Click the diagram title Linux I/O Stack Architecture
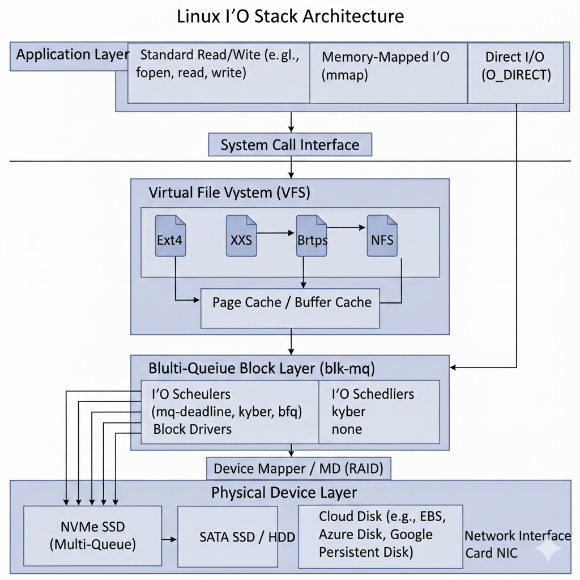[x=290, y=16]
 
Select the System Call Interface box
[x=290, y=145]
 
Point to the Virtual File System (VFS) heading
[x=229, y=193]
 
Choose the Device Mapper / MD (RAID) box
[x=298, y=469]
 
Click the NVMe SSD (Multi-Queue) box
[x=92, y=536]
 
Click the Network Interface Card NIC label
[x=517, y=544]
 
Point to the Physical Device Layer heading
[x=284, y=492]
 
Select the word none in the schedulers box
[x=347, y=429]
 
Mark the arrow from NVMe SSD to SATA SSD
[x=169, y=539]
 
